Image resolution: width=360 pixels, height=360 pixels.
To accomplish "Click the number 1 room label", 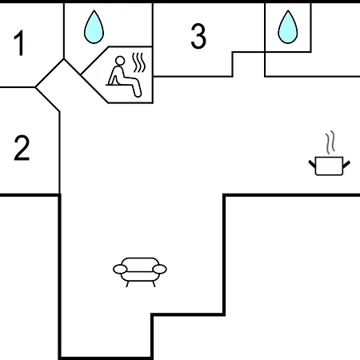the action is pos(20,43).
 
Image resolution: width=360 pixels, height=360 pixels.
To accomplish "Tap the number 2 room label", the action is pos(22,148).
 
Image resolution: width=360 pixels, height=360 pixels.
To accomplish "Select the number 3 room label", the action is pos(198,36).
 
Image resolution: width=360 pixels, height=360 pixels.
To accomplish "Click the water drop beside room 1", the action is pos(94,27).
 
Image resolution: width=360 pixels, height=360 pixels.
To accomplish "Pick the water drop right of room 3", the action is pos(288,27).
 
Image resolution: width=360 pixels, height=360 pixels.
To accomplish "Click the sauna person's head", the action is pos(120,61).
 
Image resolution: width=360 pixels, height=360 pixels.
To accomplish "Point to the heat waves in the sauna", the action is pos(139,62).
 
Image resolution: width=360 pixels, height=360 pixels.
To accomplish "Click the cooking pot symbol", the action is pos(330,166).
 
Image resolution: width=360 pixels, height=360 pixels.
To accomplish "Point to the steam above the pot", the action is pos(330,142).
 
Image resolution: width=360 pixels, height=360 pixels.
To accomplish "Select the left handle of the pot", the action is pos(312,164).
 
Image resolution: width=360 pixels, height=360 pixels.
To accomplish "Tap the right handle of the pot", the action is pos(346,165).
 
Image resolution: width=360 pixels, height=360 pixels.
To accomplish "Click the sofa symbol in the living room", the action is pos(140,272).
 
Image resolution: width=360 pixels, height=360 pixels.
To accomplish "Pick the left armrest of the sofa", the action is pos(120,270).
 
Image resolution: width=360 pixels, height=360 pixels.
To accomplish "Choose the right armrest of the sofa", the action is pos(160,270).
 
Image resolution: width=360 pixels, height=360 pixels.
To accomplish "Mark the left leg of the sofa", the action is pos(127,284).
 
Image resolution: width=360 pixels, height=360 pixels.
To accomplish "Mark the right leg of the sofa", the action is pos(154,284).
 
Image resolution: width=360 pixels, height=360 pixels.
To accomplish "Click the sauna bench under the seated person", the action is pos(120,85).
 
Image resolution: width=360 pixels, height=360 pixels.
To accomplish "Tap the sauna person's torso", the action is pos(118,74).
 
